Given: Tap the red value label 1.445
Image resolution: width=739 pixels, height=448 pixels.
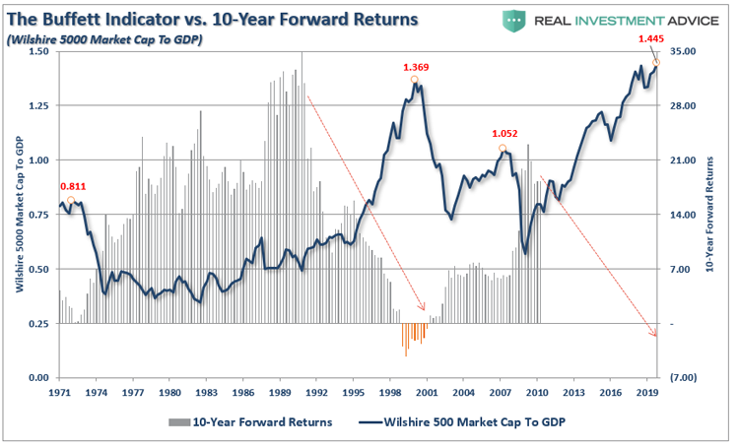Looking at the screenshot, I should coord(649,38).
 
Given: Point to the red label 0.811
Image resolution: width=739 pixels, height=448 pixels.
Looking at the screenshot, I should coord(72,185).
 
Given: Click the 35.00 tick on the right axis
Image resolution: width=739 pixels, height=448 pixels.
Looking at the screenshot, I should coord(682,51).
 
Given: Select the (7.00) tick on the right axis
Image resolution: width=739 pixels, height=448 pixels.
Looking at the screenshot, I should coord(682,378).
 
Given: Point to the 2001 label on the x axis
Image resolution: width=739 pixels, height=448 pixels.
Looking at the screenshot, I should coord(427,392).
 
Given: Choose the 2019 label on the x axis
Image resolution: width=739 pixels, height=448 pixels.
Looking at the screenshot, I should coord(647,392).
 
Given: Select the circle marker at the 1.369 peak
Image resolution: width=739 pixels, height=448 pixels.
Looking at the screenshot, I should coord(415,80).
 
